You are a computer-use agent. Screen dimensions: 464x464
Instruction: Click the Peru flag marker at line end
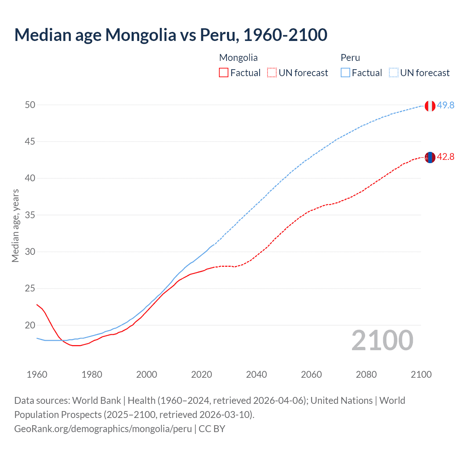click(x=430, y=106)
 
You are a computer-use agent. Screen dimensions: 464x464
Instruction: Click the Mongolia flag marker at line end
click(x=430, y=157)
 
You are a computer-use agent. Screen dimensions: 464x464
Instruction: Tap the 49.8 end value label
click(x=446, y=105)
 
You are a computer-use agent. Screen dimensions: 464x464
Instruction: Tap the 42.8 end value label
click(x=446, y=157)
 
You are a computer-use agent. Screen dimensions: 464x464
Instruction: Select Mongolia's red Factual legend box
click(x=224, y=73)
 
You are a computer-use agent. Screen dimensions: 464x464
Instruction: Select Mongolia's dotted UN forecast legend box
click(x=272, y=73)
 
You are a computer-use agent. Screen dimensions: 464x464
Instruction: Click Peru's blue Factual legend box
click(x=345, y=73)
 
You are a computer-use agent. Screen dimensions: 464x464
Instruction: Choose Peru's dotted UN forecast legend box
click(x=394, y=73)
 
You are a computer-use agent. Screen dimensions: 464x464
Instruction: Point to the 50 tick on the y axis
click(x=30, y=105)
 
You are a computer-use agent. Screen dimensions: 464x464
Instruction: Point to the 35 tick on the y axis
click(x=30, y=215)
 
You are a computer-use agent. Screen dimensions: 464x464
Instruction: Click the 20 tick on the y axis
click(x=30, y=325)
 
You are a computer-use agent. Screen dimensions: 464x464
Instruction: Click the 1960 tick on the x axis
click(x=37, y=374)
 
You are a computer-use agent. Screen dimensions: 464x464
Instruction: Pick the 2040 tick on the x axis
click(x=256, y=374)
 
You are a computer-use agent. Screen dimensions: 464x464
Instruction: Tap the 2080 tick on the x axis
click(x=366, y=374)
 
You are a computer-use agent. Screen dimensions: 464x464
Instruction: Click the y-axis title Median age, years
click(x=15, y=225)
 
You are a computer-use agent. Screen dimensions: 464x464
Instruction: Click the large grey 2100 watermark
click(x=382, y=340)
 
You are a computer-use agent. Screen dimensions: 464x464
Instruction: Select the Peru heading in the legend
click(x=350, y=58)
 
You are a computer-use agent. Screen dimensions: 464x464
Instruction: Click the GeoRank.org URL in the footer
click(x=103, y=429)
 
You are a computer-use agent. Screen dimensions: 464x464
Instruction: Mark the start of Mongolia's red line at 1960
click(x=37, y=304)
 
